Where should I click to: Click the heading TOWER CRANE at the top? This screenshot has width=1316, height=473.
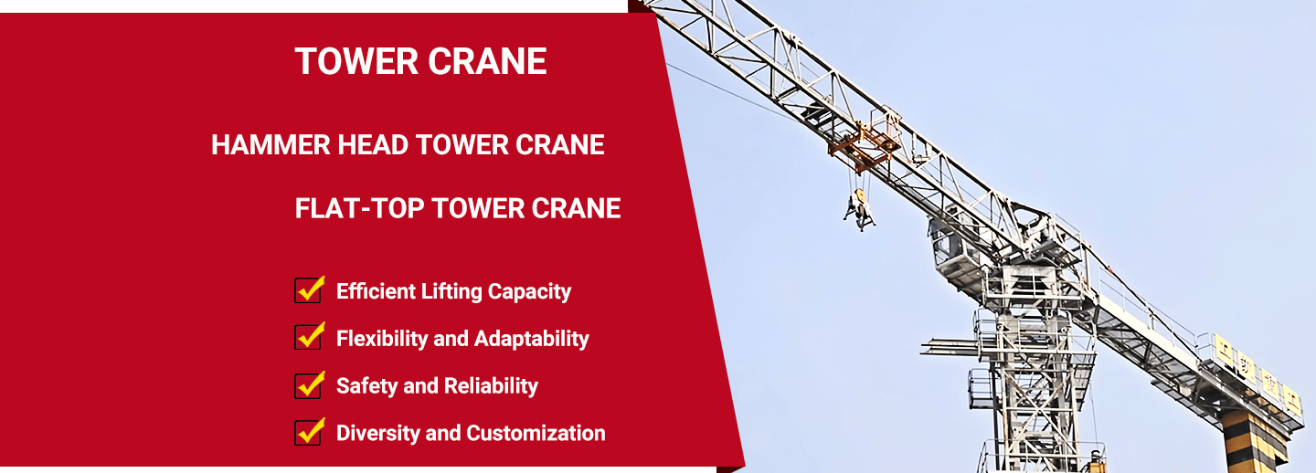tap(420, 61)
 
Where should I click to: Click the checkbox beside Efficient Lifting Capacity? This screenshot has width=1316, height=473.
tap(308, 289)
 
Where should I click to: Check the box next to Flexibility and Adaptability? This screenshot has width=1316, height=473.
tap(308, 337)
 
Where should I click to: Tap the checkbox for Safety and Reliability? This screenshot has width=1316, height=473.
tap(308, 385)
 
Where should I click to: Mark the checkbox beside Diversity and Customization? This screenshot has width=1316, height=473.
tap(308, 433)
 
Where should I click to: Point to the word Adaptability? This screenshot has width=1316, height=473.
tap(532, 339)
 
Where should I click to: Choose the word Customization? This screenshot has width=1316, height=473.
tap(536, 433)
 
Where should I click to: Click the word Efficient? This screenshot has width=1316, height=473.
tap(376, 291)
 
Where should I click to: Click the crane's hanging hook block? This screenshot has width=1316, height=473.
tap(859, 208)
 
